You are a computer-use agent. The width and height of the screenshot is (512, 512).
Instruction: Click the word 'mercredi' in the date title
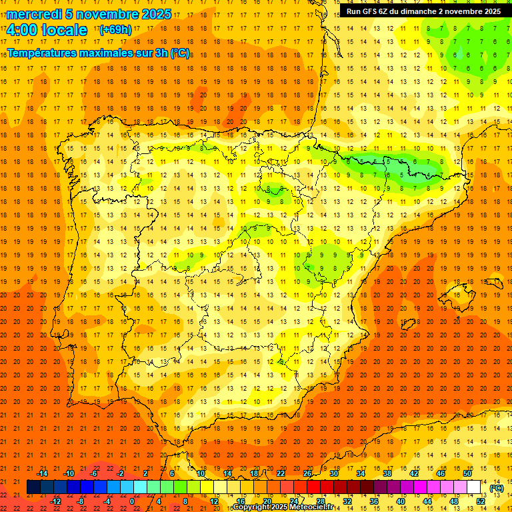click(x=35, y=14)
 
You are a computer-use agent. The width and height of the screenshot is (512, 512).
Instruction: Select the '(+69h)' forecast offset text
click(x=115, y=30)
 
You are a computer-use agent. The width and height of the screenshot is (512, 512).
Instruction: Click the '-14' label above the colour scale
click(x=42, y=473)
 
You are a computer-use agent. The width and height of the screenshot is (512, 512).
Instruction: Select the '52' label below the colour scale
click(x=481, y=501)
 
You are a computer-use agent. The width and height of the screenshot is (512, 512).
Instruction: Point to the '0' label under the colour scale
click(x=132, y=501)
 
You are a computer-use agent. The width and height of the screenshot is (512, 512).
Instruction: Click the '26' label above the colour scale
click(x=307, y=473)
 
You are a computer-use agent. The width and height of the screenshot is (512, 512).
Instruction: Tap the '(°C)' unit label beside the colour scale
click(x=497, y=488)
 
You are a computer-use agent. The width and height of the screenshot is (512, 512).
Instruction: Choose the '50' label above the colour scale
click(x=467, y=473)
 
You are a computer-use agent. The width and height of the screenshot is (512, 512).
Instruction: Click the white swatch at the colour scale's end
click(x=474, y=487)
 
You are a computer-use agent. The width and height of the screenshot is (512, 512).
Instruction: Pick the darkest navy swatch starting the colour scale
click(x=33, y=487)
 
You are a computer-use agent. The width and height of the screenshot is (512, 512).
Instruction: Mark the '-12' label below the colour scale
click(x=55, y=501)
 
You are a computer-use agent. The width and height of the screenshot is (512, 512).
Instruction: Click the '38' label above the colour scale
click(x=387, y=473)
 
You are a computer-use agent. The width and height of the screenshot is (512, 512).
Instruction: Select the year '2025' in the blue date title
click(x=156, y=14)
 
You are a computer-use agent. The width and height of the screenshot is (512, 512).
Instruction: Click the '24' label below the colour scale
click(x=293, y=501)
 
